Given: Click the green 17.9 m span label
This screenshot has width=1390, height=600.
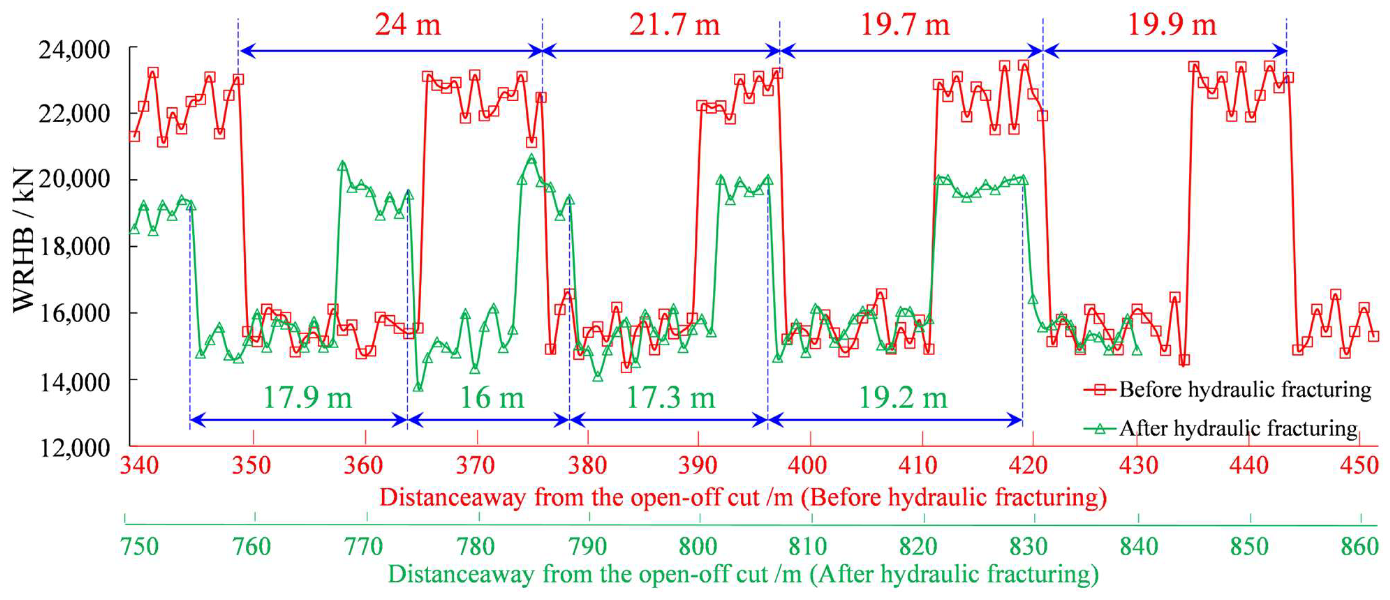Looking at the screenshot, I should [307, 398].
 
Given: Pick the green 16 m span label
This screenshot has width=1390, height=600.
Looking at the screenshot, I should [491, 398].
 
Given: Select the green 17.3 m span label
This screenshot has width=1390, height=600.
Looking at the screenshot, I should [670, 398].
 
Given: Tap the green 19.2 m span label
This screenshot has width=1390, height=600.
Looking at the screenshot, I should [903, 398].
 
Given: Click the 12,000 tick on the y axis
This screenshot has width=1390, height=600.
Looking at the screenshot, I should [74, 448].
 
